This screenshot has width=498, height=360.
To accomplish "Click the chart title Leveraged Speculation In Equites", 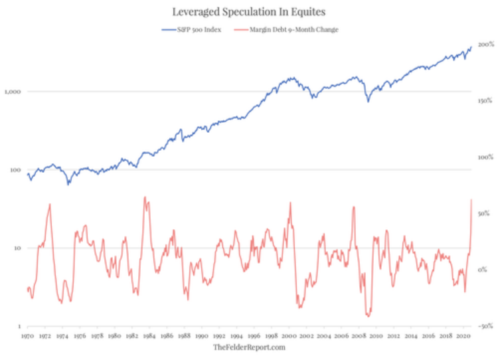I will point(249,12).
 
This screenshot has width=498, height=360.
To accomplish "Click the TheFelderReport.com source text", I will point(249,348).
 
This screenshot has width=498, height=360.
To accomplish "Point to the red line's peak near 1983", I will point(145,197).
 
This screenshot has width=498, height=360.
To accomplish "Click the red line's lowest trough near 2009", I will point(367,316).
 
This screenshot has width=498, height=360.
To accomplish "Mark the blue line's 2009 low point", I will point(367,101).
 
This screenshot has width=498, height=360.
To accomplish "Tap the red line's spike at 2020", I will point(471,199).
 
